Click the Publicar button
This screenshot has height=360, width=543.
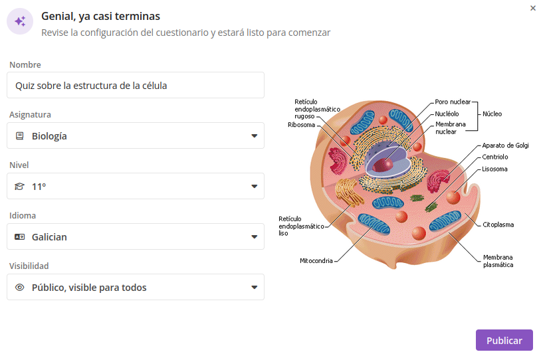tap(504, 340)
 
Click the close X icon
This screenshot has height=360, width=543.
tap(533, 8)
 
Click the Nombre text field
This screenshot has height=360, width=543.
tap(136, 85)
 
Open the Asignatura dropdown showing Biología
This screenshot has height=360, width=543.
tap(136, 135)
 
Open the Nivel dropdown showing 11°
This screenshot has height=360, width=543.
tap(136, 186)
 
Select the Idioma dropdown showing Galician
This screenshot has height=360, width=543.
tap(136, 236)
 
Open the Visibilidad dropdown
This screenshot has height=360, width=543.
tap(136, 287)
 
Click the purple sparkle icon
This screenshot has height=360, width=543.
tap(20, 21)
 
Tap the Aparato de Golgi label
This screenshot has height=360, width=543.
tap(505, 145)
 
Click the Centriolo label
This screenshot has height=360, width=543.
tap(495, 157)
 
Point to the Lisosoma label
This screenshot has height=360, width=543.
tap(494, 169)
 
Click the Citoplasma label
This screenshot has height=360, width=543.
tap(498, 225)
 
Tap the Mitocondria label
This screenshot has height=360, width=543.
tap(316, 261)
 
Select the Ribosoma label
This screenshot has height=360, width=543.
tap(301, 124)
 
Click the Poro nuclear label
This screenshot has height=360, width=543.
tap(453, 102)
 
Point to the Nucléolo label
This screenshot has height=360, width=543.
tap(447, 114)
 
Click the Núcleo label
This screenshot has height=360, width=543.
tap(492, 114)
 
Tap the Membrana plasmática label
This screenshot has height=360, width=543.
tap(498, 261)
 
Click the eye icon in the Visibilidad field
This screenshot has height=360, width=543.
tap(20, 288)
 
